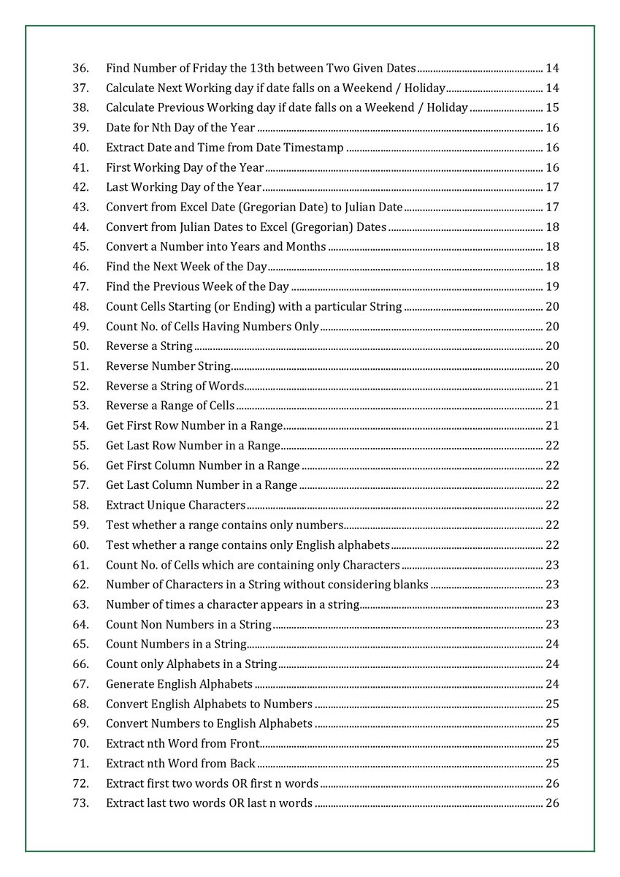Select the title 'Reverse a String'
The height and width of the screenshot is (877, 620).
click(149, 346)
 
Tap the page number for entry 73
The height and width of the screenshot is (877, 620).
click(552, 803)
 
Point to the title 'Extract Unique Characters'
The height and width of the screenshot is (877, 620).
click(175, 505)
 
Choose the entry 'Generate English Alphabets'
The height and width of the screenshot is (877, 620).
click(179, 684)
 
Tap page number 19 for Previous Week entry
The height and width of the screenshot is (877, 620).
click(552, 286)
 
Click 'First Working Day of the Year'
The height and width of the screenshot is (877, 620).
click(185, 167)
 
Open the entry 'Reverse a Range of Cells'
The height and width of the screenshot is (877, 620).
click(170, 406)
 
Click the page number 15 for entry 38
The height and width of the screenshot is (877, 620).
click(552, 108)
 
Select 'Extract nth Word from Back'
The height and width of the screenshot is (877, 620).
click(180, 764)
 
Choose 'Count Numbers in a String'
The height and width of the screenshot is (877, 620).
click(176, 645)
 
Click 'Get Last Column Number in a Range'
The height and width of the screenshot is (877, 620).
click(202, 485)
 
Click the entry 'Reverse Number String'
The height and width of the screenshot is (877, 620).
click(168, 366)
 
